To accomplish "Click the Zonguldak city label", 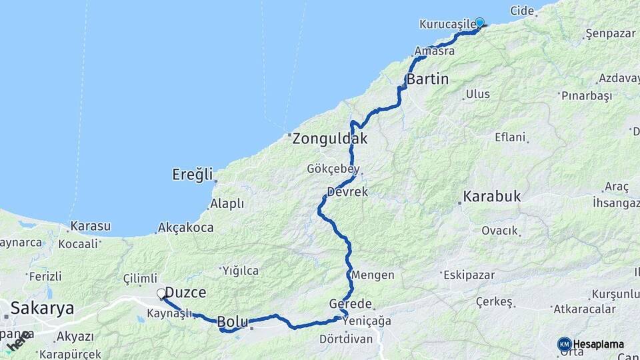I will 329,139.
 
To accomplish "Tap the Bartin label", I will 427,79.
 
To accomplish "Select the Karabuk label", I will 492,197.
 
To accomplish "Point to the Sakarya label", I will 41,308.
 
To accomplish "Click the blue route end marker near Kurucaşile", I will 479,22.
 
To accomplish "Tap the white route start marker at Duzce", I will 161,293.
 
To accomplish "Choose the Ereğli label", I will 192,175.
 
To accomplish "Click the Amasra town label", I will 434,51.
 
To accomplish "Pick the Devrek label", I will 347,192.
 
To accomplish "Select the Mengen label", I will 373,275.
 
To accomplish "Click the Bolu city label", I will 233,322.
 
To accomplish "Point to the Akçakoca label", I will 186,228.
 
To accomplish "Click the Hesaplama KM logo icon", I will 565,344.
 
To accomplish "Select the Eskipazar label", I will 467,274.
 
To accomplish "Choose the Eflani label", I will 510,137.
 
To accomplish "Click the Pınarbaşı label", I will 587,96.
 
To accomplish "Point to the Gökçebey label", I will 335,169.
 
